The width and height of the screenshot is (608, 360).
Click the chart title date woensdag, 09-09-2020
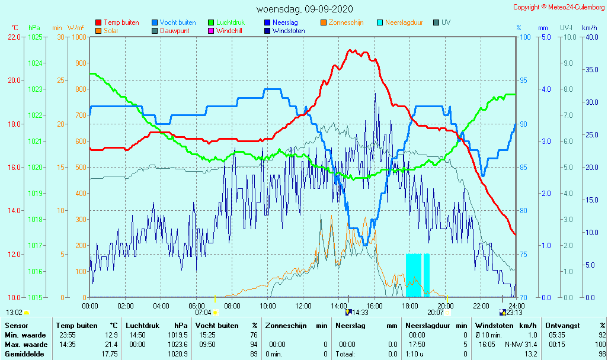(305, 9)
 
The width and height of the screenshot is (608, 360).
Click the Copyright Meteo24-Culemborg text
(559, 7)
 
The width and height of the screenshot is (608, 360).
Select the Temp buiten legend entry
(121, 22)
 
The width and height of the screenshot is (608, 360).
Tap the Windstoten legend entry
(289, 31)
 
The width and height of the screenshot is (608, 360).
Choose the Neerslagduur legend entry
(404, 22)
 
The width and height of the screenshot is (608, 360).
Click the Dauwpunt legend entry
(174, 31)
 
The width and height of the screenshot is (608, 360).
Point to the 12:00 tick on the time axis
(303, 306)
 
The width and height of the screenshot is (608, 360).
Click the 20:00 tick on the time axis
(446, 306)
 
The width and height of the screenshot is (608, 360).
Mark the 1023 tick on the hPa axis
(36, 89)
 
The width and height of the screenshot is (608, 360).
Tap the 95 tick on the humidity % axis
(523, 81)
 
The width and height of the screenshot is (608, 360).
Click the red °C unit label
(15, 28)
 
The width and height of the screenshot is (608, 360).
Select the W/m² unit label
(75, 28)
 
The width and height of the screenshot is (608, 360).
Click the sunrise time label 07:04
(203, 312)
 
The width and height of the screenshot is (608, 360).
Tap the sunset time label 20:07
(435, 312)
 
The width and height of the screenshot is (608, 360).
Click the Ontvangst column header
(562, 325)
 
